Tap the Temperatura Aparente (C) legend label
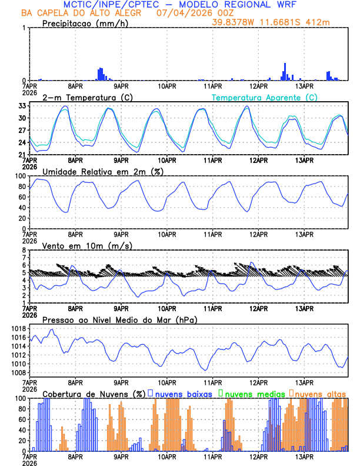[264, 97]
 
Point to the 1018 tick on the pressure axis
[17, 328]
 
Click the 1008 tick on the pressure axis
[17, 372]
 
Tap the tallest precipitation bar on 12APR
[285, 71]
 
